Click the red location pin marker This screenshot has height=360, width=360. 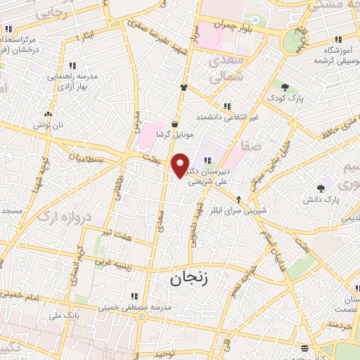point(181,165)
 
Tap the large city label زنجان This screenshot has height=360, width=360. point(189,278)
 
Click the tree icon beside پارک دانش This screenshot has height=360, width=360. point(321,188)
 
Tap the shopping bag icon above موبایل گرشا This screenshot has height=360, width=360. point(174,124)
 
